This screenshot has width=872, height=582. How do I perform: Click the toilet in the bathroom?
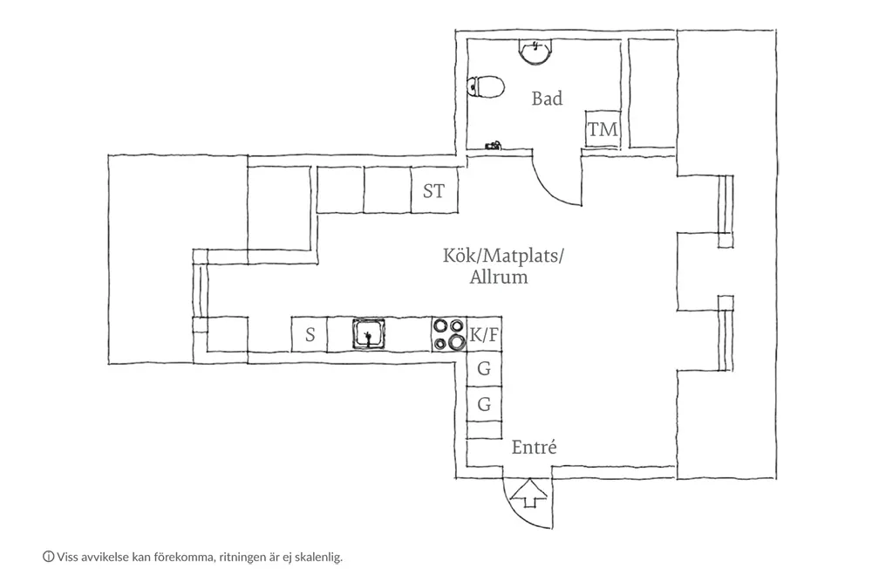(486, 86)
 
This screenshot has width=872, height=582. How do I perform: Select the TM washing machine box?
(603, 129)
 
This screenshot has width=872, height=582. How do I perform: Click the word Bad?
(548, 99)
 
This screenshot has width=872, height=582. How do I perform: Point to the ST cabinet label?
(433, 191)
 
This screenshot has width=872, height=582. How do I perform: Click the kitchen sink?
(368, 334)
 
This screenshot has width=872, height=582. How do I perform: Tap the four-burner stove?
(449, 334)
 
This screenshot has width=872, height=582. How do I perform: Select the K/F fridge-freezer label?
(484, 335)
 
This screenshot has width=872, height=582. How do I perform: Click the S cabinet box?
(310, 334)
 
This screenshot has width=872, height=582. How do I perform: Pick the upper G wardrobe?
(484, 369)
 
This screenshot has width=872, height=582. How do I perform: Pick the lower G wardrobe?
(484, 404)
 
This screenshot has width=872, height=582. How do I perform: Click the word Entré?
(534, 448)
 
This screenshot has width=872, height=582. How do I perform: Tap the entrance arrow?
(528, 493)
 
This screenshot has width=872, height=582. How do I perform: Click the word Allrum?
(499, 277)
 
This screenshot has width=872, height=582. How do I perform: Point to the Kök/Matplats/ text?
(503, 256)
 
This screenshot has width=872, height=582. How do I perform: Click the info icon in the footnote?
(48, 557)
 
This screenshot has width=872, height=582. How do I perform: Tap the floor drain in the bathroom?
(494, 146)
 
